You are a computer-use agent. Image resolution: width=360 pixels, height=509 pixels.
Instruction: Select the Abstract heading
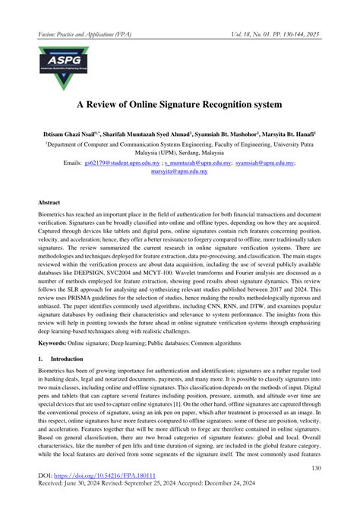pos(50,204)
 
